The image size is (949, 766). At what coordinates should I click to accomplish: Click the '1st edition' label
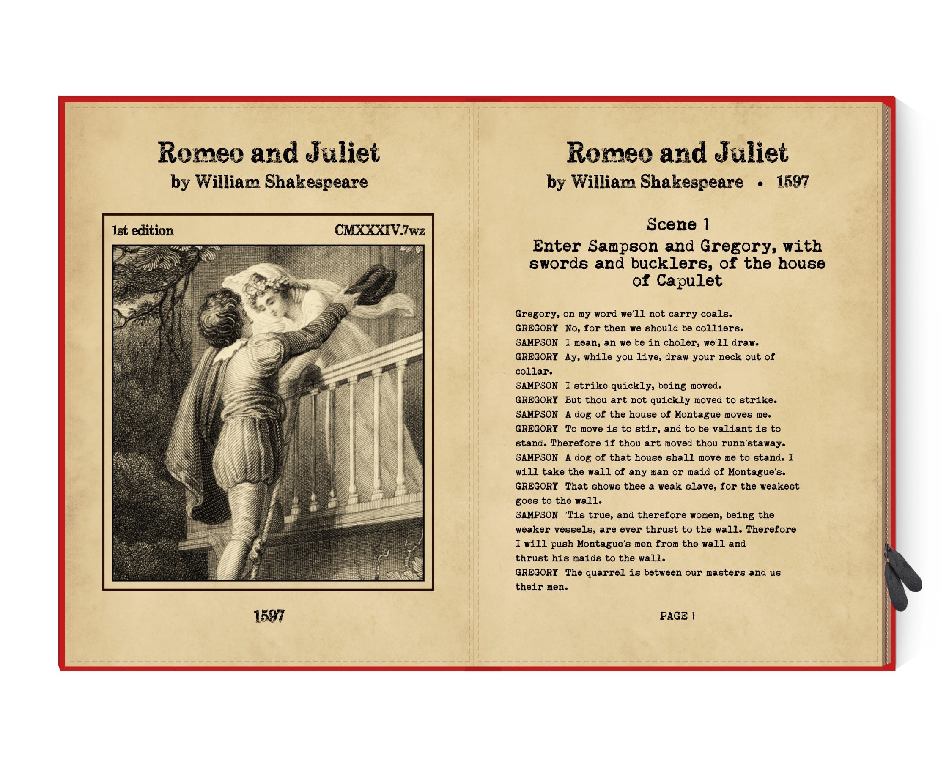click(143, 230)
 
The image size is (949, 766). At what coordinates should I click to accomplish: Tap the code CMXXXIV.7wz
click(379, 230)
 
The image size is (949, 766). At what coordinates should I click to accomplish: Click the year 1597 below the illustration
click(269, 616)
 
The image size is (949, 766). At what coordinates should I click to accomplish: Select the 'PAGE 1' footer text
click(677, 616)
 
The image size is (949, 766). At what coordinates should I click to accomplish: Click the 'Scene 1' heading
click(677, 224)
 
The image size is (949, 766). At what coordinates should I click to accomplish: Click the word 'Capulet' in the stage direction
click(689, 281)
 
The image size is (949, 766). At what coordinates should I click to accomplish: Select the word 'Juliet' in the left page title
click(343, 153)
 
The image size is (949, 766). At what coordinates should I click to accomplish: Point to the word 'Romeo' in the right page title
click(609, 153)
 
